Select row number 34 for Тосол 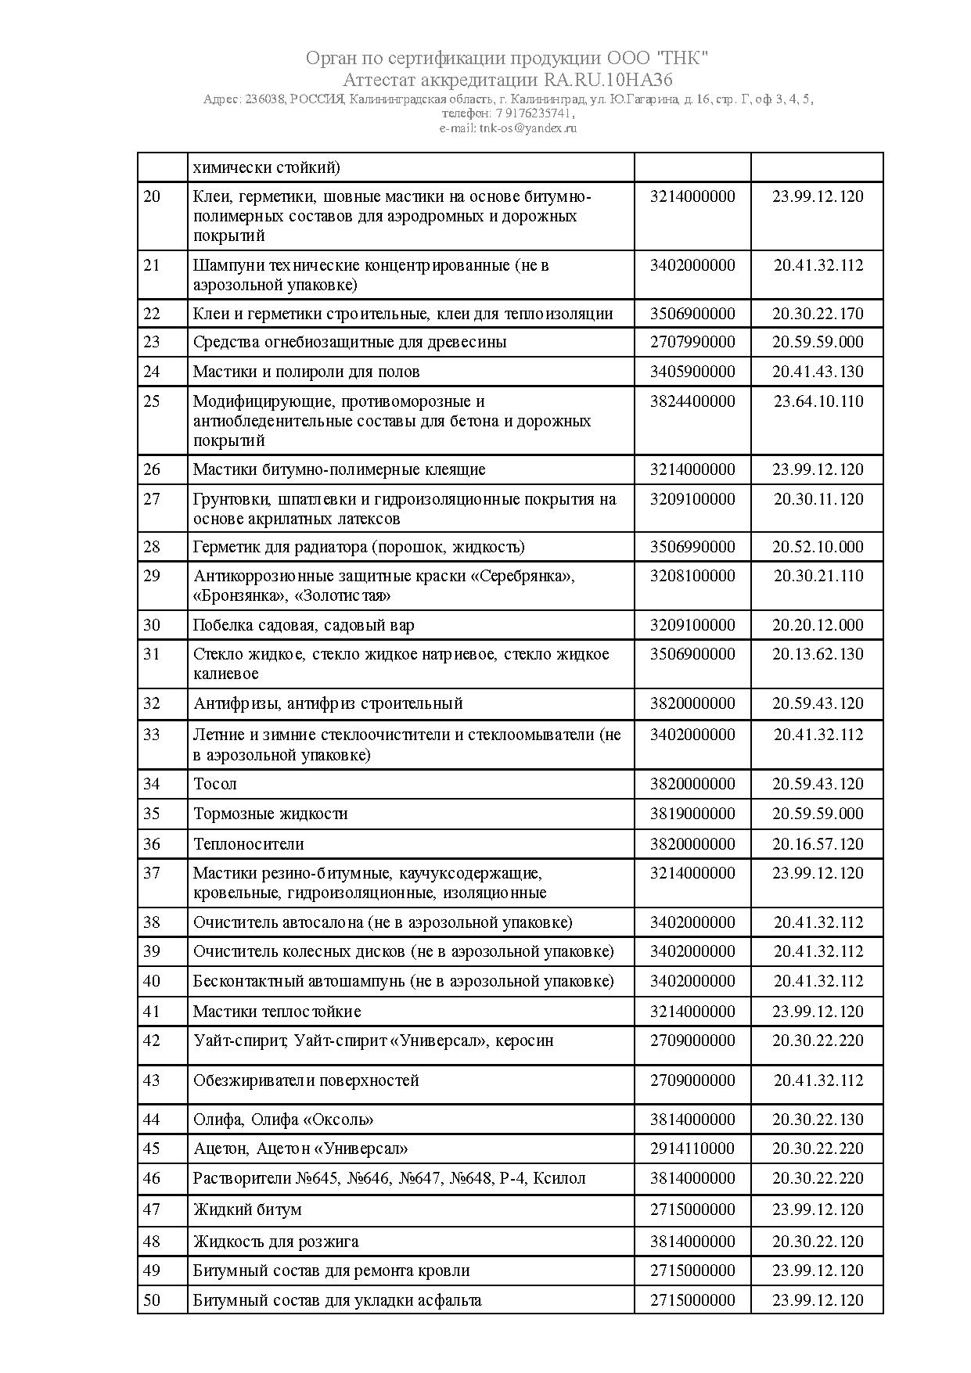152,784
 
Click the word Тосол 215,784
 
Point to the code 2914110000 692,1148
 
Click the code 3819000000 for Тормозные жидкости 692,814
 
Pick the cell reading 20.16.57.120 818,844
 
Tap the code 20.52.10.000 818,547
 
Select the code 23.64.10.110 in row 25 818,401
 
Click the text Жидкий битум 247,1209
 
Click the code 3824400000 692,401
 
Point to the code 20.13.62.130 818,654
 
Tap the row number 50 152,1300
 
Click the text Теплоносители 249,844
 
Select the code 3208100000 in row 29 692,576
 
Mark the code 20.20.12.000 818,625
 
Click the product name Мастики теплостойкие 277,1012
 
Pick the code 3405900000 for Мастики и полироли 692,372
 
